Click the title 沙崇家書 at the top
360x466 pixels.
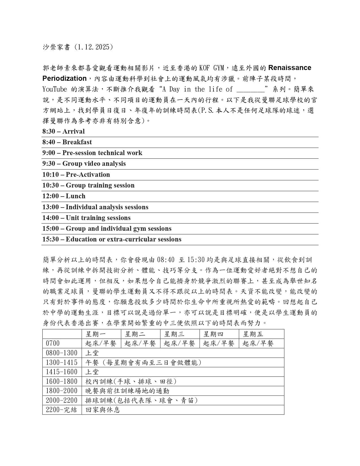[x=56, y=47]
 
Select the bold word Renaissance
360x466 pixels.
[x=289, y=68]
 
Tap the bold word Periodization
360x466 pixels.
[x=64, y=79]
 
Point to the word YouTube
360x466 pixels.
[x=55, y=89]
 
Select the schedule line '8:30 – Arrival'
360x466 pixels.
[x=64, y=131]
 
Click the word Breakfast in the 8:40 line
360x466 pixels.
[x=77, y=142]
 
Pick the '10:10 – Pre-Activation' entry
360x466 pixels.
[x=76, y=175]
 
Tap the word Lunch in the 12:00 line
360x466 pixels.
[x=75, y=196]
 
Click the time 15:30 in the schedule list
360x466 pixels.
[x=51, y=239]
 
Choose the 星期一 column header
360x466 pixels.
[x=96, y=334]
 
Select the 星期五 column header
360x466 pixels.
[x=253, y=334]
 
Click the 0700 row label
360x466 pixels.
[x=53, y=343]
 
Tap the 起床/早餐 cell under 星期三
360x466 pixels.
[x=179, y=343]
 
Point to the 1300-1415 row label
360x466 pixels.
[x=62, y=362]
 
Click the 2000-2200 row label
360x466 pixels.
[x=62, y=400]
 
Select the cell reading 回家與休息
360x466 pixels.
[x=103, y=410]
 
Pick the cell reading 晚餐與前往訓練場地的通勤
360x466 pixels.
[x=127, y=391]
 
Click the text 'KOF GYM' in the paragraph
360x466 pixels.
[x=211, y=68]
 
